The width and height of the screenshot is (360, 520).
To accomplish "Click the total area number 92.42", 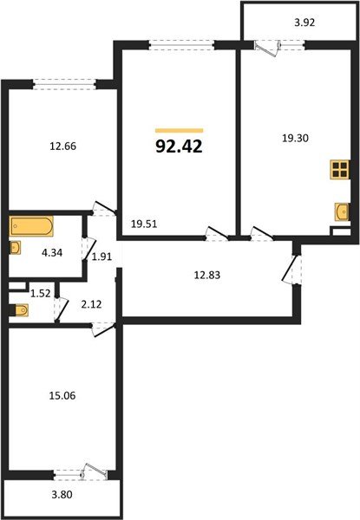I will click(x=180, y=146).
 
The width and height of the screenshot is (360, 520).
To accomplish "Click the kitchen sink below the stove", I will click(x=340, y=210).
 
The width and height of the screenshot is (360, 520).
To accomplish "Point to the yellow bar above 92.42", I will click(x=178, y=130).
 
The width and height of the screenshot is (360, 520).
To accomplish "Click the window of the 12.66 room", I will click(x=64, y=84).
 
